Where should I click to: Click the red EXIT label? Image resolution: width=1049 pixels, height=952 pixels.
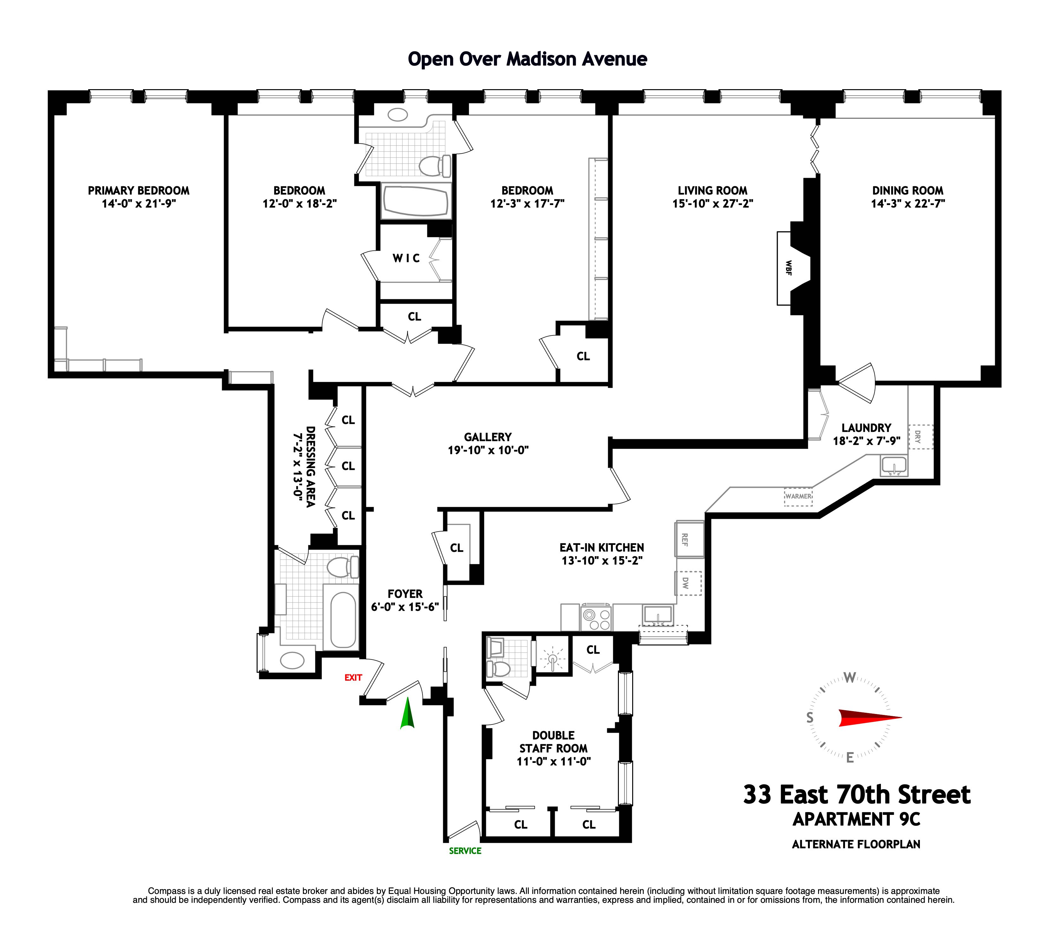point(353,677)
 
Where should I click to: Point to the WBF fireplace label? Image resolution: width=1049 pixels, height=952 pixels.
point(788,268)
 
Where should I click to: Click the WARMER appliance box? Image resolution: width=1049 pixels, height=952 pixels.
point(798,496)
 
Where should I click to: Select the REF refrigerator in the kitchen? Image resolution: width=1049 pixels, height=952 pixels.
point(689,539)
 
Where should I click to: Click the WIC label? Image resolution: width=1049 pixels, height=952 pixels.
point(406,258)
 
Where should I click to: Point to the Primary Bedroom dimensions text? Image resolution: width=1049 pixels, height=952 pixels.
point(138,203)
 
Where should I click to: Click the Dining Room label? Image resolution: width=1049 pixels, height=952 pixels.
point(908,190)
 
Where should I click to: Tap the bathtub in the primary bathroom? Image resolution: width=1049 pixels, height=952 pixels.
point(343,619)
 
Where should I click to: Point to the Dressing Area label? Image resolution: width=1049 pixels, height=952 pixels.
point(305,466)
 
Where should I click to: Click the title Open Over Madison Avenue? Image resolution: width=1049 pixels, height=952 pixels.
point(527,59)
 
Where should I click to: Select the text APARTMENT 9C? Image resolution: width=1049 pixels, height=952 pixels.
point(856,819)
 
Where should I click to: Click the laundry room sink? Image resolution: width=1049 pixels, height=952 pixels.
point(894,465)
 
